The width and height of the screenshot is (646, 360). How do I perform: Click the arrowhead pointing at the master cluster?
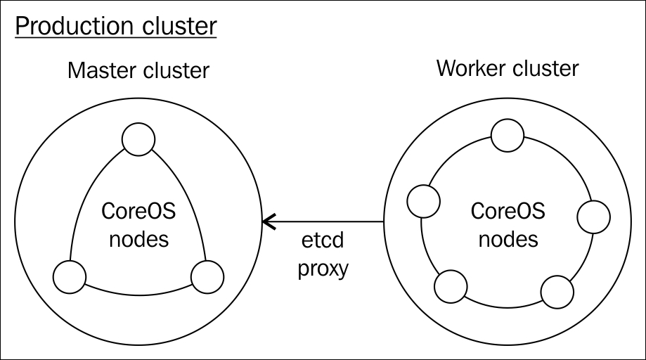(x=269, y=221)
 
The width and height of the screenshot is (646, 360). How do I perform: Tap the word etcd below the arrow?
(x=323, y=240)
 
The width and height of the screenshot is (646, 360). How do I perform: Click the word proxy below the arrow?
(x=323, y=269)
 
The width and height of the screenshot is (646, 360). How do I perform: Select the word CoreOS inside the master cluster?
(x=138, y=211)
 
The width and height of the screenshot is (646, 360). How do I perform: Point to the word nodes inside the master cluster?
(x=139, y=239)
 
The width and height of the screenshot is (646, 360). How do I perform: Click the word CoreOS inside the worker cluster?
(x=508, y=211)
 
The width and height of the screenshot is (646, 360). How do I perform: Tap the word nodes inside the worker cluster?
(x=508, y=239)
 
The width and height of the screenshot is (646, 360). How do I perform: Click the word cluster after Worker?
(x=541, y=68)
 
